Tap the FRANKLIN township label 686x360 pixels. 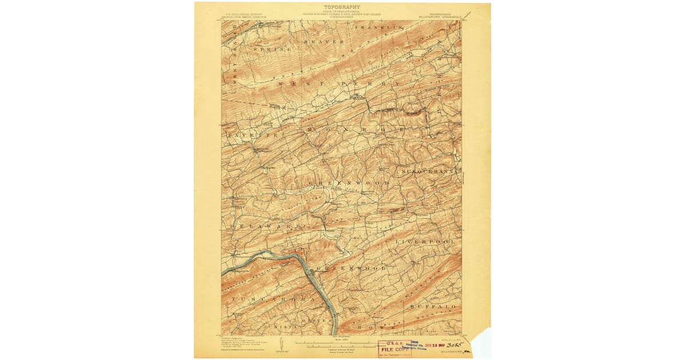tap(374, 27)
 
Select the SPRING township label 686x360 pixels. tap(272, 50)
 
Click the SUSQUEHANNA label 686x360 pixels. tap(429, 171)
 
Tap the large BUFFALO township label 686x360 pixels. tap(433, 307)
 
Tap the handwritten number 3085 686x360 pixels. tap(455, 346)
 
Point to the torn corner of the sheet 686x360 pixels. tap(480, 343)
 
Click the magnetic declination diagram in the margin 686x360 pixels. tap(280, 344)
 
